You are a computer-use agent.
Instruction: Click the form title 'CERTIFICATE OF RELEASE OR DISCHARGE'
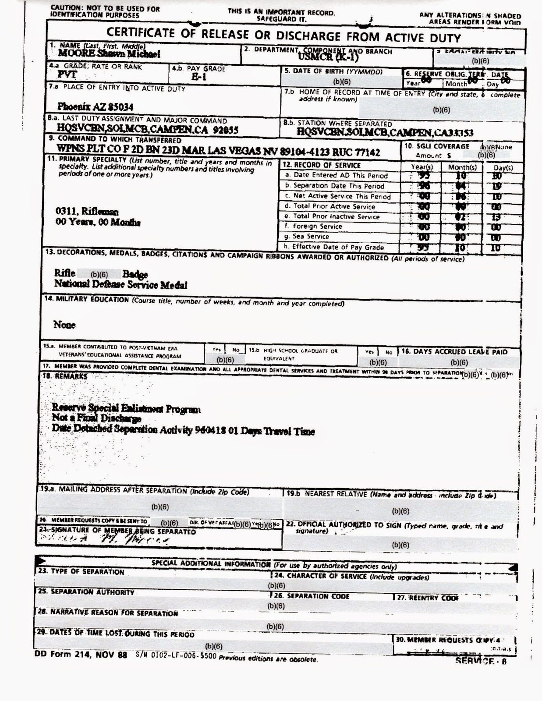coord(283,35)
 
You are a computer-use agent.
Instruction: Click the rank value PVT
coord(67,75)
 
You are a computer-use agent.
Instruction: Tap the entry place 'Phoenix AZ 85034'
coord(95,107)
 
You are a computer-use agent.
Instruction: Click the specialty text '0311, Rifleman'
coord(87,212)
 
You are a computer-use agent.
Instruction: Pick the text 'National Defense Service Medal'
coord(120,285)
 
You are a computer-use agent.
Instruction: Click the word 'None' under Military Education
coord(64,325)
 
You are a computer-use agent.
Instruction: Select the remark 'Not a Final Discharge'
coord(96,419)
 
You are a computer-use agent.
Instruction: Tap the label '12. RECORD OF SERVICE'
coord(322,165)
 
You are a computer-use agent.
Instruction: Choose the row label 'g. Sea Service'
coord(307,237)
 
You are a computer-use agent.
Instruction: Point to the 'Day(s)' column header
coord(503,167)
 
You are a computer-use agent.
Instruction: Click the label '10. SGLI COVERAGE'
coord(436,146)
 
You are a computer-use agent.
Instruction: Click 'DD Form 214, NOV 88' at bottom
coord(81,655)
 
